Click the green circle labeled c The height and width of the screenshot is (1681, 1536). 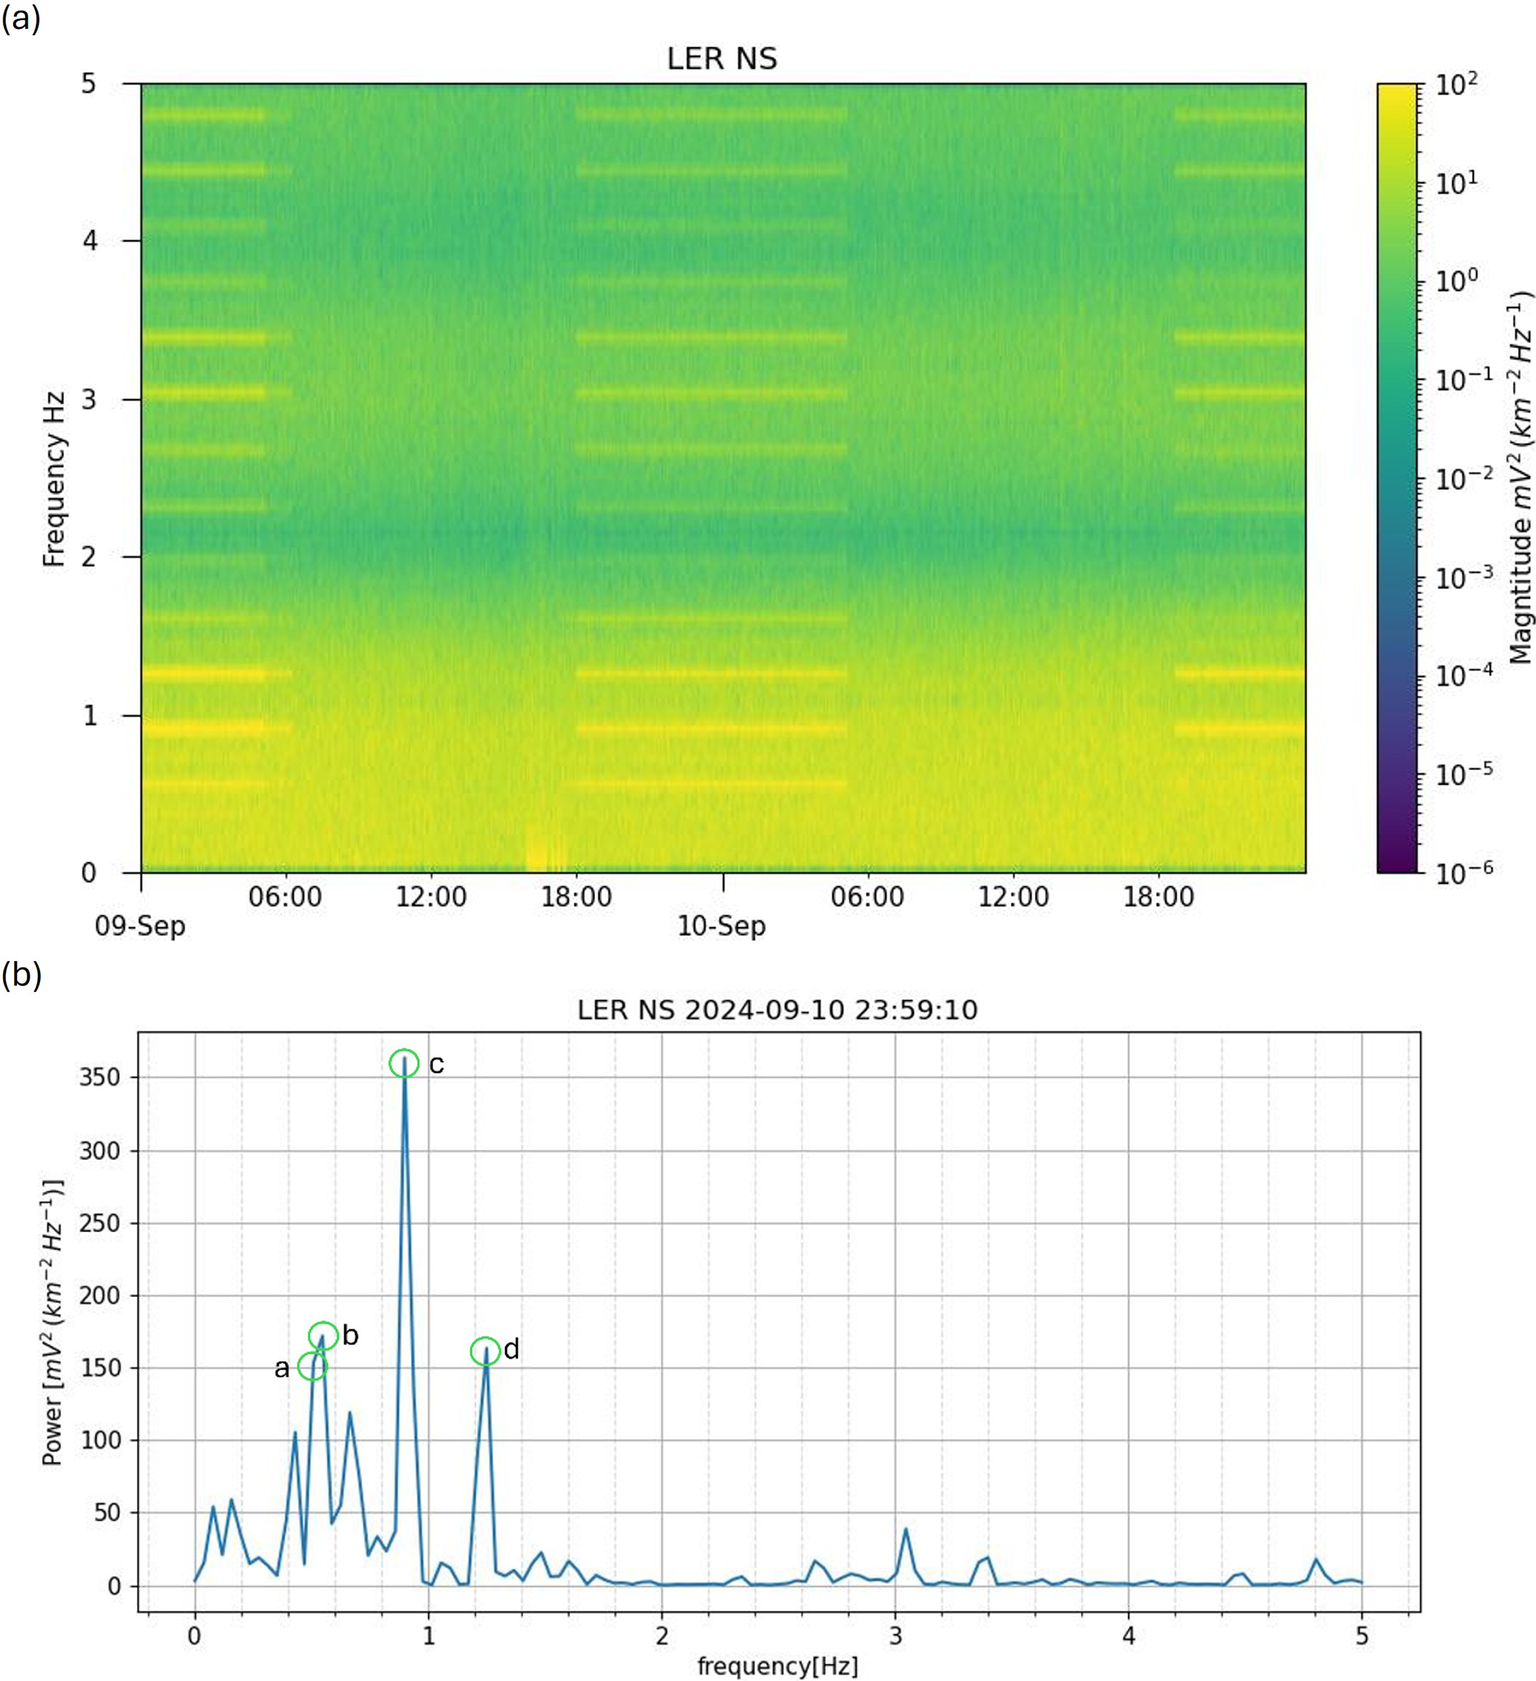[404, 1063]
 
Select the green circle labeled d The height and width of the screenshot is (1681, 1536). [485, 1351]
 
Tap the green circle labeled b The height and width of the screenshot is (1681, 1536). [323, 1335]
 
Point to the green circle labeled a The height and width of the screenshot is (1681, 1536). [312, 1366]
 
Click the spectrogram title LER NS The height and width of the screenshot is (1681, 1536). [722, 59]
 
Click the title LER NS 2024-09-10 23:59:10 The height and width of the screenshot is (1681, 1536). [777, 1010]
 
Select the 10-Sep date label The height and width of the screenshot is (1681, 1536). [722, 925]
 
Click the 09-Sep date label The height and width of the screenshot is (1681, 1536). [140, 925]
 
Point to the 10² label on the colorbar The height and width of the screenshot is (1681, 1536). [1456, 84]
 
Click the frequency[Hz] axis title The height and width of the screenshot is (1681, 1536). [777, 1666]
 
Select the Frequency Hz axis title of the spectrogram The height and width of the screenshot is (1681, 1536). [54, 479]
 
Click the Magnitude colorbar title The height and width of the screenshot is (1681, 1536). [1520, 477]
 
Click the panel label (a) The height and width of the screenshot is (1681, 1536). [21, 19]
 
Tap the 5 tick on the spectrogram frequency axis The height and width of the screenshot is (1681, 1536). [88, 84]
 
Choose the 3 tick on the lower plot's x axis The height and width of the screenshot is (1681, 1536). [895, 1635]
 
